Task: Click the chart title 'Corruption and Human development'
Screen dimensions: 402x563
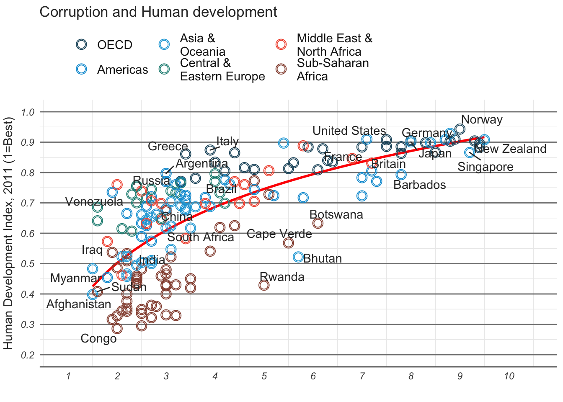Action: click(x=158, y=12)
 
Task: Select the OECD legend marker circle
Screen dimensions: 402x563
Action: click(x=81, y=44)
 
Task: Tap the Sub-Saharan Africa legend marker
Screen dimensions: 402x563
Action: click(x=281, y=70)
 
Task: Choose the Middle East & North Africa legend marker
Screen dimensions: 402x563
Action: click(x=281, y=44)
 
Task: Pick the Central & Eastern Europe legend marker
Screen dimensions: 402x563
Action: click(x=164, y=70)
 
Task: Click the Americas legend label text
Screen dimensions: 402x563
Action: click(x=122, y=70)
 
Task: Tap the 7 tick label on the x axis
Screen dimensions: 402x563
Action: click(x=362, y=376)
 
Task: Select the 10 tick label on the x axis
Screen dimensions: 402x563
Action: click(x=509, y=376)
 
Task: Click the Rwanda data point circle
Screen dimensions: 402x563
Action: click(x=264, y=285)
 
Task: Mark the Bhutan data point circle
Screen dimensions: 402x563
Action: click(x=298, y=257)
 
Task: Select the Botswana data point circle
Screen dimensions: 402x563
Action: click(x=318, y=223)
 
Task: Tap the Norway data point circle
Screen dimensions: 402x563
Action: click(x=460, y=129)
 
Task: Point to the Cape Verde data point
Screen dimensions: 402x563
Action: click(x=288, y=243)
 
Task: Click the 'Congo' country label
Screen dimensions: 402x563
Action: click(x=98, y=339)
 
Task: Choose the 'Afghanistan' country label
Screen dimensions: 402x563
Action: click(x=79, y=304)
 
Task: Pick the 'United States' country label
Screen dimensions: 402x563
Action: click(x=349, y=131)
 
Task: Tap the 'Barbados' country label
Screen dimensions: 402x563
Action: click(x=419, y=185)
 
